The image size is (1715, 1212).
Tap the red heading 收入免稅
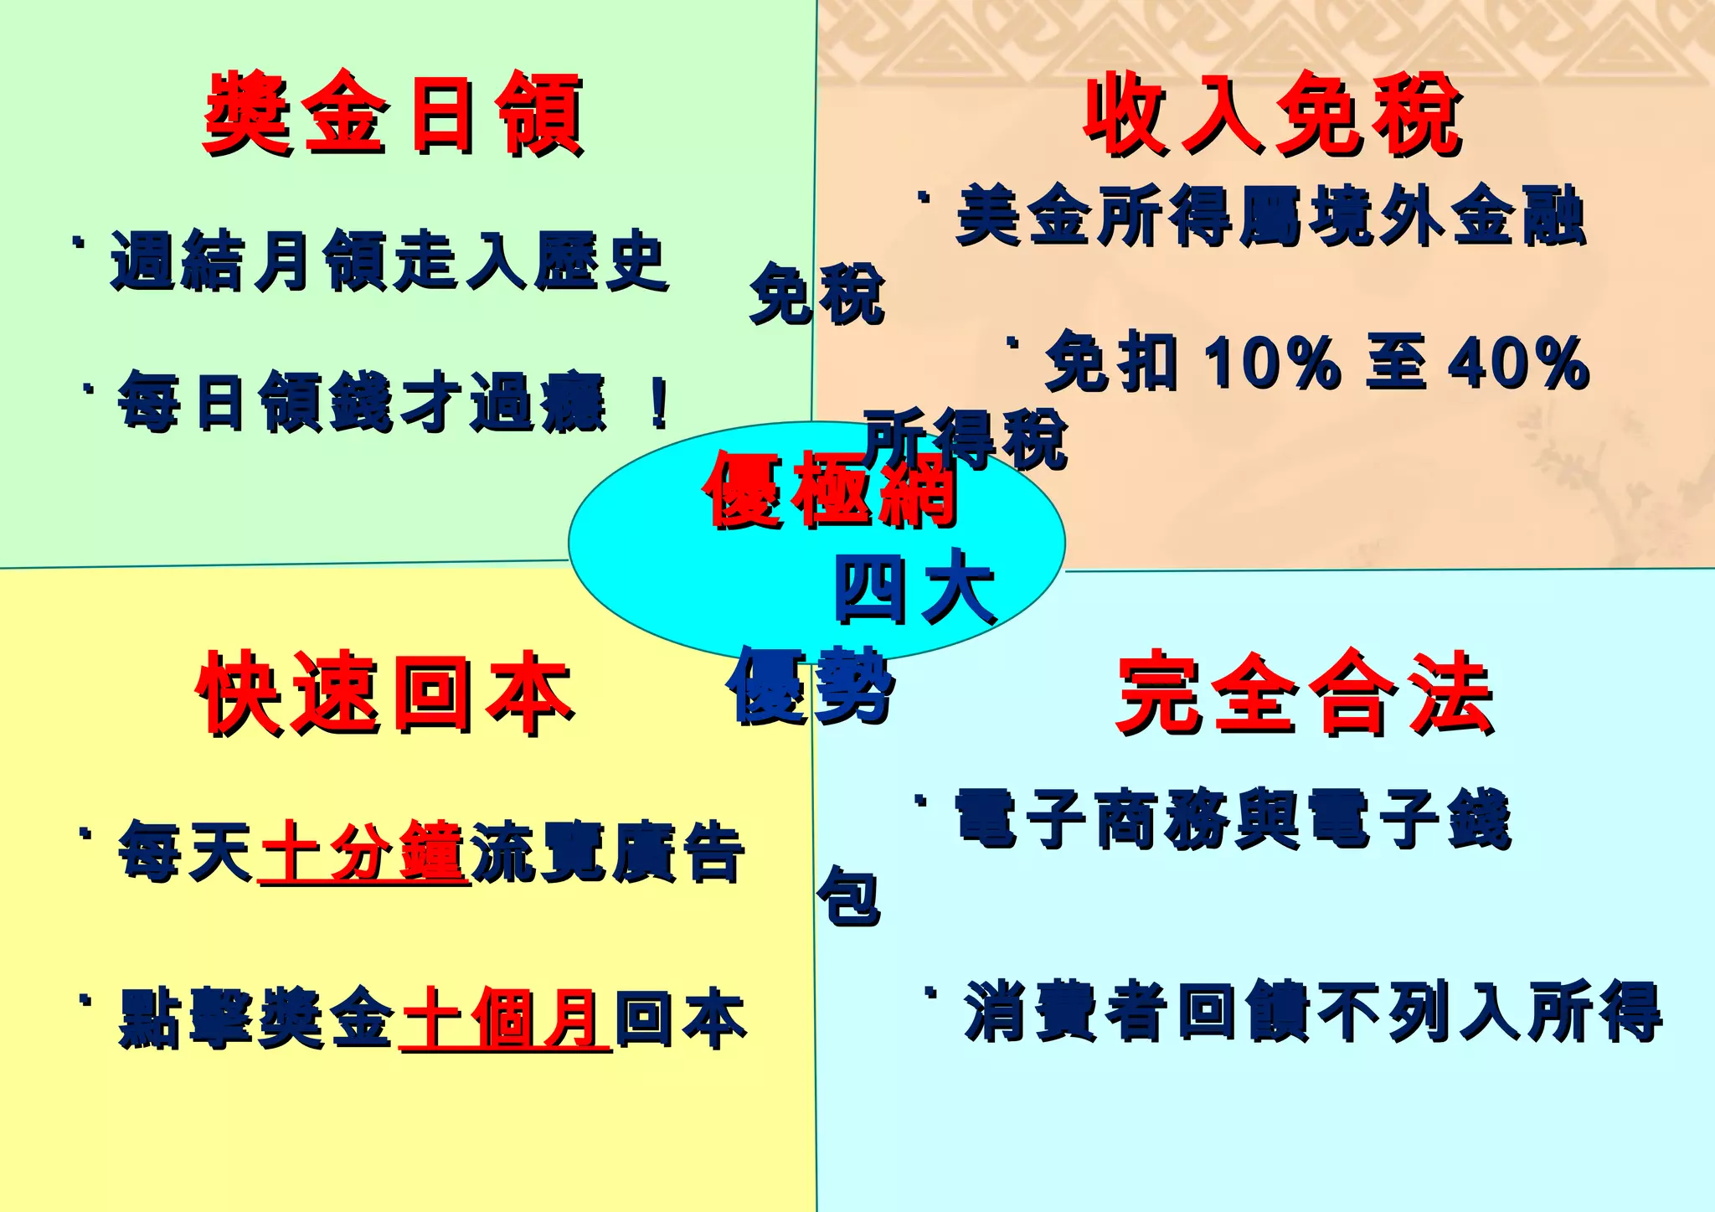[x=1272, y=114]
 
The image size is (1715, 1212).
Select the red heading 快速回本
[x=384, y=694]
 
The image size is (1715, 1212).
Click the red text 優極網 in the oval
[x=830, y=490]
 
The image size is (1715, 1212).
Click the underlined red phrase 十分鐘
[x=363, y=853]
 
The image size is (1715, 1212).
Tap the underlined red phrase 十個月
[x=505, y=1019]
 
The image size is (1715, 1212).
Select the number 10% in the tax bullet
[x=1271, y=363]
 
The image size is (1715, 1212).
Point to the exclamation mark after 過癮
[x=659, y=403]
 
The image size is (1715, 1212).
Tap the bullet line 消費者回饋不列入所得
[x=1312, y=1012]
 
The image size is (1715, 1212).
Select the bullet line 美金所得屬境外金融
[x=1270, y=216]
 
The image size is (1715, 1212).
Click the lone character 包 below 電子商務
[x=848, y=896]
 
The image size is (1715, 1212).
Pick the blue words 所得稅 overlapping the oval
[x=966, y=439]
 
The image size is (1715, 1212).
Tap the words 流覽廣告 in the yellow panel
[x=607, y=853]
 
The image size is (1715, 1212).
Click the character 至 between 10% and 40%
[x=1395, y=363]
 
